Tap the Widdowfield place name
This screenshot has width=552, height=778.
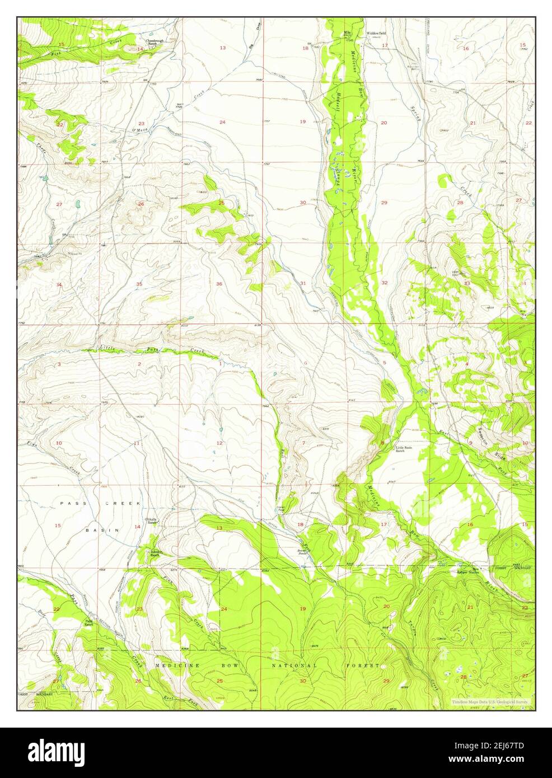coord(376,34)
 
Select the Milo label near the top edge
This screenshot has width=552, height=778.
coord(347,33)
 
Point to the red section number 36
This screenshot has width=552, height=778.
coord(219,284)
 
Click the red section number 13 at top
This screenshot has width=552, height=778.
coord(222,48)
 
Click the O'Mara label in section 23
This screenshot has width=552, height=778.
coord(139,130)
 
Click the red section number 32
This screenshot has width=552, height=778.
coord(385,283)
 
